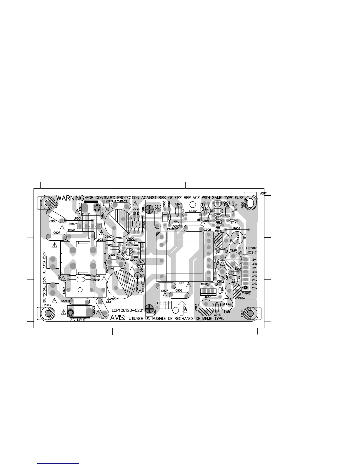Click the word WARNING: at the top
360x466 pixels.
[x=71, y=197]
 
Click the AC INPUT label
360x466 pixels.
[x=78, y=320]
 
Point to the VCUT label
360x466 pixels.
[x=263, y=193]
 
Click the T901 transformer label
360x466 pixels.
[x=181, y=283]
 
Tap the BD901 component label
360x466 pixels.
[x=74, y=224]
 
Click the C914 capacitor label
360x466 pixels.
[x=241, y=298]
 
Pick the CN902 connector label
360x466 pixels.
[x=246, y=293]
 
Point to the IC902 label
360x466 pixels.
[x=193, y=211]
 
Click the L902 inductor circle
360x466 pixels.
[x=237, y=237]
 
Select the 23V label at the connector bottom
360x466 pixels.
[x=255, y=288]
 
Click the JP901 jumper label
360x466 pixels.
[x=77, y=219]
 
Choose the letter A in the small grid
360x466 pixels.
[x=157, y=303]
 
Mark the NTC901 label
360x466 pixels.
[x=104, y=318]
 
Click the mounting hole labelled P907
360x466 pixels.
[x=250, y=313]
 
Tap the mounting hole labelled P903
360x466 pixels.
[x=47, y=314]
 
